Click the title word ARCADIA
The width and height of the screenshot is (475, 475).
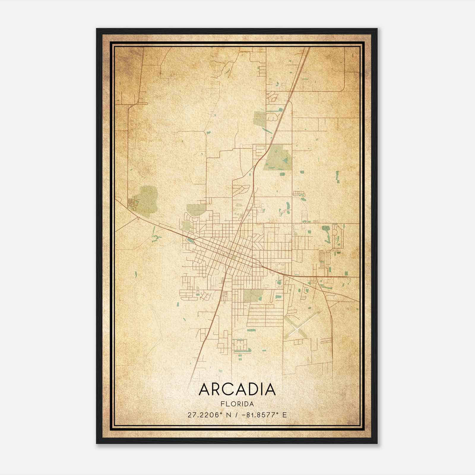click(237, 390)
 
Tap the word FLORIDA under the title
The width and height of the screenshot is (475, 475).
click(237, 404)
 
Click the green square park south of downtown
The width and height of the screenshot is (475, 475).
click(253, 295)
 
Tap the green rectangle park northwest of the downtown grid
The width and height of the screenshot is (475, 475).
click(196, 210)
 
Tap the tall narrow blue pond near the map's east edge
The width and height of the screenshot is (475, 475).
click(337, 176)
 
